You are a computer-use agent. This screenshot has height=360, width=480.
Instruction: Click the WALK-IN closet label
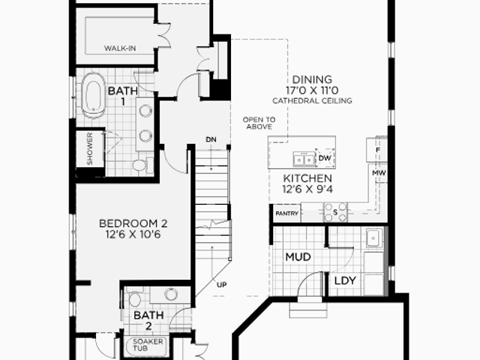(120, 48)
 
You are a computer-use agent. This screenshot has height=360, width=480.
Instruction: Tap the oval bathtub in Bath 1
(94, 95)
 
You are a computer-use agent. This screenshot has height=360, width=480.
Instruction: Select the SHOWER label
(90, 148)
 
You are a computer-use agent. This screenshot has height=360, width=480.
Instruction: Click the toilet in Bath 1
(142, 165)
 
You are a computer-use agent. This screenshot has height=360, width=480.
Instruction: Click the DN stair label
(211, 139)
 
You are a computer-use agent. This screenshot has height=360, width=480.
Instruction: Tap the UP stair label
(222, 285)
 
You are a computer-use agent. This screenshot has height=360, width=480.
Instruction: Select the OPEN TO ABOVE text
(259, 123)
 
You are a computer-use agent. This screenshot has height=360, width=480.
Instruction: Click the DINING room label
(312, 79)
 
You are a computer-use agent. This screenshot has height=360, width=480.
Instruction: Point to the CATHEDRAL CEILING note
(312, 100)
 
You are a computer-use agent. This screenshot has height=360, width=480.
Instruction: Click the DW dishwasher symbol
(325, 158)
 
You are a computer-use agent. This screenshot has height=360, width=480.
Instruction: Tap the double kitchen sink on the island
(304, 159)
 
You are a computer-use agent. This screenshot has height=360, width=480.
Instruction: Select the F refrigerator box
(377, 150)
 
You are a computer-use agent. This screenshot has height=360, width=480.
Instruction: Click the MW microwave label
(379, 173)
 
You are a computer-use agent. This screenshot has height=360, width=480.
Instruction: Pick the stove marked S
(335, 212)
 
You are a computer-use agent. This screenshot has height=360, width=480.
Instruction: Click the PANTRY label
(286, 213)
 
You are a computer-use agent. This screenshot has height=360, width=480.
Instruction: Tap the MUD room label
(298, 256)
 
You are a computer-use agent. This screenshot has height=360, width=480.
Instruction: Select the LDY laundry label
(345, 280)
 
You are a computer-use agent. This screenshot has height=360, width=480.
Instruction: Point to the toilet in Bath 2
(134, 298)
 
